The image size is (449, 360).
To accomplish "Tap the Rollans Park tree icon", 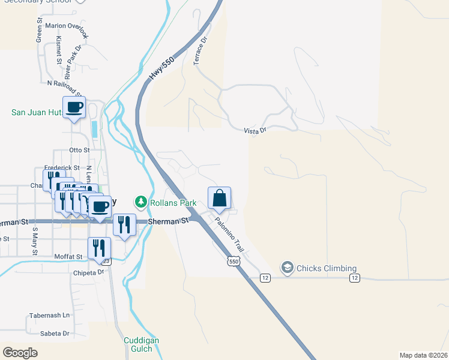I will click(x=141, y=202).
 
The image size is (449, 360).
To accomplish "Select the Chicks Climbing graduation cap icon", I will click(x=288, y=268).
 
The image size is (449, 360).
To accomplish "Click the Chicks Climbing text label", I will click(x=327, y=268).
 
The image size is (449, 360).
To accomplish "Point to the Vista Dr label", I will click(x=255, y=130).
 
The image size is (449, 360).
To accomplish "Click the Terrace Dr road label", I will click(x=199, y=52).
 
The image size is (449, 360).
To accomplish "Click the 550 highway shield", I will click(x=234, y=261).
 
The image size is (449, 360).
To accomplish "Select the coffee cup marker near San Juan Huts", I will click(x=74, y=107).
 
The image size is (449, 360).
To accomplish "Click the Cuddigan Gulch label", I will click(x=141, y=344).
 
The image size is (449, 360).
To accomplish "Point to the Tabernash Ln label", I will click(x=50, y=315).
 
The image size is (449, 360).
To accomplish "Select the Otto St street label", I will click(x=79, y=150).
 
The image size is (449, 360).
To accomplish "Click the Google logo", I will click(x=20, y=353).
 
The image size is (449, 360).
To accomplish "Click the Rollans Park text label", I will click(x=173, y=203).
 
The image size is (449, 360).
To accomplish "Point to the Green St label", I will click(x=39, y=32).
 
